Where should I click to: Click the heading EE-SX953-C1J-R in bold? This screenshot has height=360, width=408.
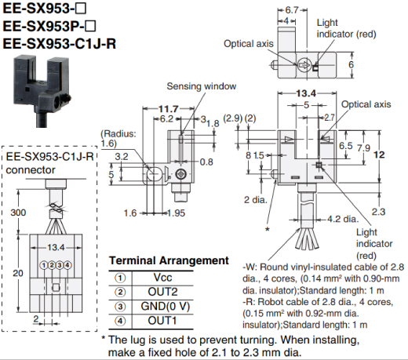click(60, 44)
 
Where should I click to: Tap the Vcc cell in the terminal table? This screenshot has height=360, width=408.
click(162, 278)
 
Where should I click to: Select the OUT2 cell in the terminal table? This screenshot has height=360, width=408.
click(162, 292)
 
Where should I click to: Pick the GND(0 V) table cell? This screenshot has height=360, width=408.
click(166, 306)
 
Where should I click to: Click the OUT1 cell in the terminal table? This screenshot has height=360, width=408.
click(162, 321)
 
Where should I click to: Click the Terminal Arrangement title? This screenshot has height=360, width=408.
click(169, 260)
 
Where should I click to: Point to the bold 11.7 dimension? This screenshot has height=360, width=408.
click(169, 109)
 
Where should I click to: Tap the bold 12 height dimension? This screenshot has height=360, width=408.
click(379, 155)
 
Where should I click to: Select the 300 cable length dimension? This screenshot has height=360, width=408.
click(18, 213)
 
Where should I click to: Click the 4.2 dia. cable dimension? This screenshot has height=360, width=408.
click(342, 219)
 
